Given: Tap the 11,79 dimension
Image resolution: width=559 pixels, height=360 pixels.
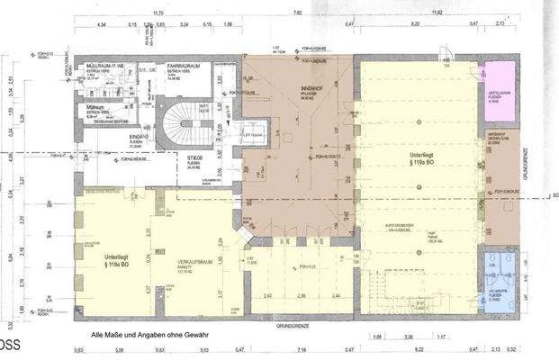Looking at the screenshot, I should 158,13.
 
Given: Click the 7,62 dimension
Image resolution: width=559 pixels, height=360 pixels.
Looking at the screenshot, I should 297,13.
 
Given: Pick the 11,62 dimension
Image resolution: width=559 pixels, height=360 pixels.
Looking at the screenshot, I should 438,13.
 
